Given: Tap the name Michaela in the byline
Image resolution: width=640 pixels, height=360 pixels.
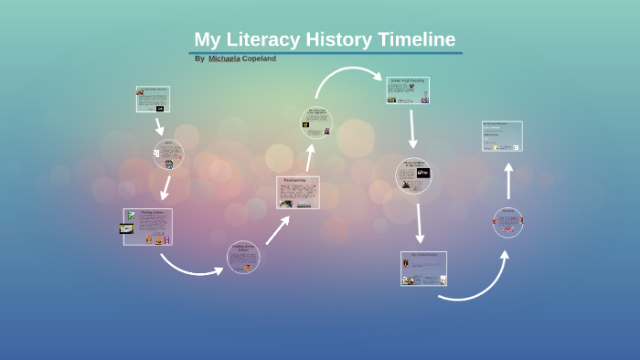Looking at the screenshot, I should tap(224, 58).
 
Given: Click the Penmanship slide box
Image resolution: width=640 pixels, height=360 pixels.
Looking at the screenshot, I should tap(298, 193).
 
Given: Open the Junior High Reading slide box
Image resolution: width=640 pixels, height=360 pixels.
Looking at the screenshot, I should tap(408, 90).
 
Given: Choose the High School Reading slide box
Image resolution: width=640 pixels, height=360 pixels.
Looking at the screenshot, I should tap(423, 269).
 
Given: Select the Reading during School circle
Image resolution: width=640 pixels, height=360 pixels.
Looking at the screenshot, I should tap(243, 257).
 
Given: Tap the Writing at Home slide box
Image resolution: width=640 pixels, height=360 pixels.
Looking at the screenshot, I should tap(147, 227).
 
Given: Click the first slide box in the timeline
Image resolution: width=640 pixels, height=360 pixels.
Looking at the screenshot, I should tap(153, 99).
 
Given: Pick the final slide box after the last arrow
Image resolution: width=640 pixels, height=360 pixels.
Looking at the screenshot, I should tap(502, 135).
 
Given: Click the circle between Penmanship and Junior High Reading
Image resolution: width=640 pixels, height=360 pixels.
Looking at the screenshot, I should tap(316, 122).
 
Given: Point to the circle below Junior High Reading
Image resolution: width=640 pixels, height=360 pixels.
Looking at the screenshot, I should tap(412, 175).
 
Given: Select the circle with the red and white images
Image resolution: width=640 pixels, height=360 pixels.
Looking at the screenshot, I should tap(508, 222).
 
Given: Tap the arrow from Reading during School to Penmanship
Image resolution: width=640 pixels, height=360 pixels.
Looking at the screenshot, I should tap(278, 229).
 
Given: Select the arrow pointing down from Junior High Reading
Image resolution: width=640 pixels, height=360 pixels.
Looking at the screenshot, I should tap(412, 127).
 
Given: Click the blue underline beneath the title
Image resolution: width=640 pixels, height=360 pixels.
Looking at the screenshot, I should tap(325, 53).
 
